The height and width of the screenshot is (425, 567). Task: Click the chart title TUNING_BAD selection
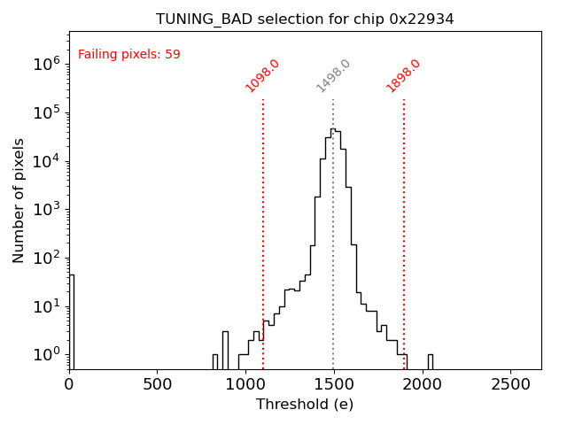pyautogui.click(x=305, y=19)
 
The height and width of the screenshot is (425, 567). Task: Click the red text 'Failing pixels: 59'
pyautogui.click(x=129, y=55)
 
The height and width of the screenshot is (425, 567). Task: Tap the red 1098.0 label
pyautogui.click(x=262, y=76)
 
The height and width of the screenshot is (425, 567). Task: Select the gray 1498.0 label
pyautogui.click(x=333, y=76)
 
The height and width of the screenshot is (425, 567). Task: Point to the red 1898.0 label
pyautogui.click(x=403, y=76)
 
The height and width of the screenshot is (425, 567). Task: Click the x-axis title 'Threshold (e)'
pyautogui.click(x=305, y=405)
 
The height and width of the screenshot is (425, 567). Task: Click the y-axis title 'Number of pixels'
pyautogui.click(x=19, y=200)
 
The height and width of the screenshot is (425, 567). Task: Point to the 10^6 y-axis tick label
pyautogui.click(x=46, y=64)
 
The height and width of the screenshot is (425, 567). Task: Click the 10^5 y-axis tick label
pyautogui.click(x=46, y=112)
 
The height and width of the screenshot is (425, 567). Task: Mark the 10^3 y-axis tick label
pyautogui.click(x=46, y=209)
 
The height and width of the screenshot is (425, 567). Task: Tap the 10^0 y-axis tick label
pyautogui.click(x=46, y=354)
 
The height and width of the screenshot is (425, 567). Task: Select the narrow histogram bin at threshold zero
pyautogui.click(x=71, y=319)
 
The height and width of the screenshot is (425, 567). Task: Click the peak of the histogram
pyautogui.click(x=333, y=129)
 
